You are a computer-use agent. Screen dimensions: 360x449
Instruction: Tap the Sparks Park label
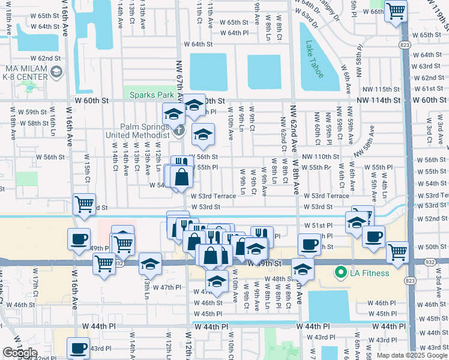(149, 95)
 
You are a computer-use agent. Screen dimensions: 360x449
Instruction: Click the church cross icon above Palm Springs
(178, 128)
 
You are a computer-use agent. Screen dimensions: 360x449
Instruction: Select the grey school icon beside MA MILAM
(56, 73)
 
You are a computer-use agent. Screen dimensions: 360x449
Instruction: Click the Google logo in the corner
(19, 352)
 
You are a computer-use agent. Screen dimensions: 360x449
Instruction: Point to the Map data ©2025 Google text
(411, 355)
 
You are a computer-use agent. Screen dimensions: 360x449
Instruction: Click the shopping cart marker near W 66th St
(396, 10)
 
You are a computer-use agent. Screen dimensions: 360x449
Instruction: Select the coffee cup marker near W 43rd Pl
(78, 348)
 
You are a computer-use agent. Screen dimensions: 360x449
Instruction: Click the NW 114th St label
(378, 100)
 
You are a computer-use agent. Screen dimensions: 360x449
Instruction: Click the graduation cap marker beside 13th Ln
(150, 263)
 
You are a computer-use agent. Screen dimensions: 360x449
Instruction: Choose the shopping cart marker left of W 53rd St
(84, 204)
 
